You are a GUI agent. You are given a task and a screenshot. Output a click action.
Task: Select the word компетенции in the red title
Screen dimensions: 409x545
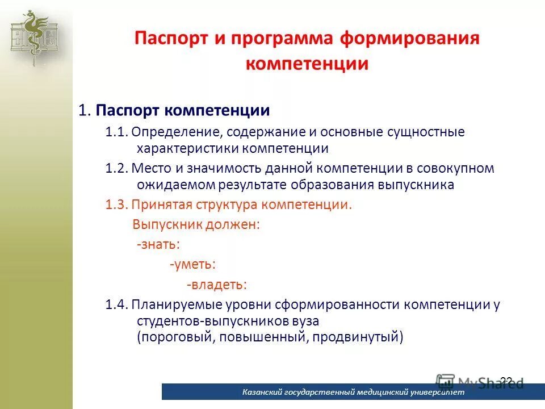307,64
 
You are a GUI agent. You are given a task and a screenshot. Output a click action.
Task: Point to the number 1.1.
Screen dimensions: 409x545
116,132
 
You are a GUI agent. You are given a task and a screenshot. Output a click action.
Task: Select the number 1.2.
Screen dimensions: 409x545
116,169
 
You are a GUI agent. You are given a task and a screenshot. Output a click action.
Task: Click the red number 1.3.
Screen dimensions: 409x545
116,205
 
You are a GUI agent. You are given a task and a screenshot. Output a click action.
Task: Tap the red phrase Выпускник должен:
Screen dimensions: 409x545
196,224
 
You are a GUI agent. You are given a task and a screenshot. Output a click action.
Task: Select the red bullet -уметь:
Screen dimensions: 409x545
192,264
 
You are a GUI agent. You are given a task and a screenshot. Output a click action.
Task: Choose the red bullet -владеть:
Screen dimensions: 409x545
217,284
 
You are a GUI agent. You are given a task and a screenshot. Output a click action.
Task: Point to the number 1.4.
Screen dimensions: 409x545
116,304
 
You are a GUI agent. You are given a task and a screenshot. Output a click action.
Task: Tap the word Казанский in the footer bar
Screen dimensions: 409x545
263,393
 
